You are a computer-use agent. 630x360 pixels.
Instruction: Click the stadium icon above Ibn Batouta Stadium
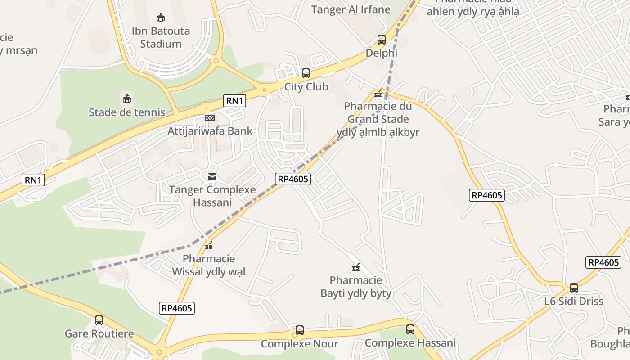tap(161, 18)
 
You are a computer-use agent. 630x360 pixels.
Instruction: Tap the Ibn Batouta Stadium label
tap(161, 37)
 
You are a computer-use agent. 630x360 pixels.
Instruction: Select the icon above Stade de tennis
tap(127, 99)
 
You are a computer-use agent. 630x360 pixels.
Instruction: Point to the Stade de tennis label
tap(127, 112)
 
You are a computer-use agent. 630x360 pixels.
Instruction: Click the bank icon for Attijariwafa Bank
tap(210, 118)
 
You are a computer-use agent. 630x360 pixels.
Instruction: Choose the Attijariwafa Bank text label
tap(210, 131)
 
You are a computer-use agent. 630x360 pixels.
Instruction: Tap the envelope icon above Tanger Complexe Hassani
tap(212, 177)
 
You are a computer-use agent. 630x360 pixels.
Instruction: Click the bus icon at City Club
tap(306, 73)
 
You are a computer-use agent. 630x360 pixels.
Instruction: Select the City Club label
tap(306, 86)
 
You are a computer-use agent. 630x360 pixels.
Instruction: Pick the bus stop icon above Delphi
tap(382, 40)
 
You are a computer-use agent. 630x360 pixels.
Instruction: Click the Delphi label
tap(382, 53)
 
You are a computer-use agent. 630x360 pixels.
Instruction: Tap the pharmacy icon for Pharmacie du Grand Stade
tap(378, 94)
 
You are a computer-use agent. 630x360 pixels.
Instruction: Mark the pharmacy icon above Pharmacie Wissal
tap(209, 246)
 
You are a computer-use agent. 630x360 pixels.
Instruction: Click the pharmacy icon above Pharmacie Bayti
tap(356, 268)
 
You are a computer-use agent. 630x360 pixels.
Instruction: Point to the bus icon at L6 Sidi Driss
tap(574, 288)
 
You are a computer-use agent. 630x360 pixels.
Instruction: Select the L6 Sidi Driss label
tap(574, 301)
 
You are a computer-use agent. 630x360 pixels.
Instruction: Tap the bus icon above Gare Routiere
tap(99, 320)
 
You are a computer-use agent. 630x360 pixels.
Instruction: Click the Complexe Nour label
tap(300, 344)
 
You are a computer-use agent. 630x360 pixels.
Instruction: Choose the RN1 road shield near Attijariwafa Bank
tap(235, 101)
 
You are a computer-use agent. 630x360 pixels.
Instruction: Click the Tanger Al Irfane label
tap(351, 9)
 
